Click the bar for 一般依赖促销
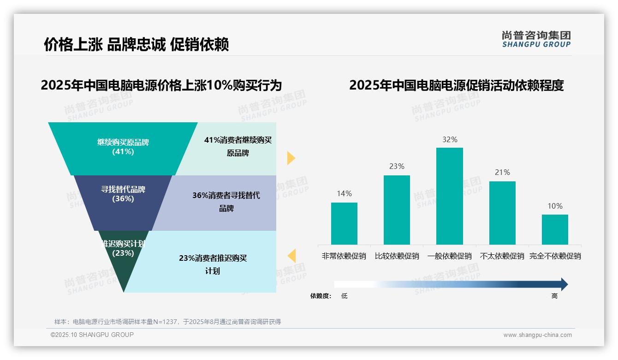(x=449, y=196)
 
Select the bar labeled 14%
(x=344, y=223)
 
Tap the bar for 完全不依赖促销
(x=555, y=229)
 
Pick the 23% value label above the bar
(x=397, y=167)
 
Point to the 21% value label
(x=502, y=173)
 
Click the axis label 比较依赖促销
(x=397, y=256)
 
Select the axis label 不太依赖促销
(x=502, y=256)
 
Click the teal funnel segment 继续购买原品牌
(x=123, y=148)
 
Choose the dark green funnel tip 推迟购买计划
(x=123, y=263)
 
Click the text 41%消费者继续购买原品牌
(x=238, y=146)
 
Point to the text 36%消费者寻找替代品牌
(x=226, y=202)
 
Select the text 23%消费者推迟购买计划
(x=213, y=264)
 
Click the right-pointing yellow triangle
(x=291, y=158)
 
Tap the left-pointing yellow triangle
(x=291, y=256)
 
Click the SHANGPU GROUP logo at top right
(x=536, y=39)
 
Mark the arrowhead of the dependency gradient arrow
(x=564, y=284)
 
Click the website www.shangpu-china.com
(x=537, y=335)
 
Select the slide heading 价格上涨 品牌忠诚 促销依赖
(x=136, y=45)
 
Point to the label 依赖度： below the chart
(x=321, y=296)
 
